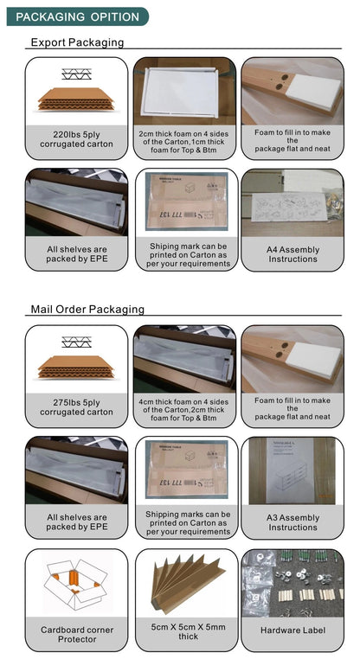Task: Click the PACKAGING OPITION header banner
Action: (78, 16)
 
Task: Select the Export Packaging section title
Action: (77, 42)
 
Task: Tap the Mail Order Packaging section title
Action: (87, 309)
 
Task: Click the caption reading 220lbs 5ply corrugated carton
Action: (76, 140)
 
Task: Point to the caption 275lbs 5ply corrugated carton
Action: (76, 407)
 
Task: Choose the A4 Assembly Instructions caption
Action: (292, 254)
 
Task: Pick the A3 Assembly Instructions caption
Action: (292, 522)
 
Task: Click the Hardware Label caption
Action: (292, 630)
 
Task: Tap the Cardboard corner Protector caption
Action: (77, 634)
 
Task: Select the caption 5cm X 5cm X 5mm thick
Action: (188, 631)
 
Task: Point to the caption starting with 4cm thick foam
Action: (183, 410)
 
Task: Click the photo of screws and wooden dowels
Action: (292, 583)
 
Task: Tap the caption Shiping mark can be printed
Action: (188, 255)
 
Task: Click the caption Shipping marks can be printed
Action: (188, 523)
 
